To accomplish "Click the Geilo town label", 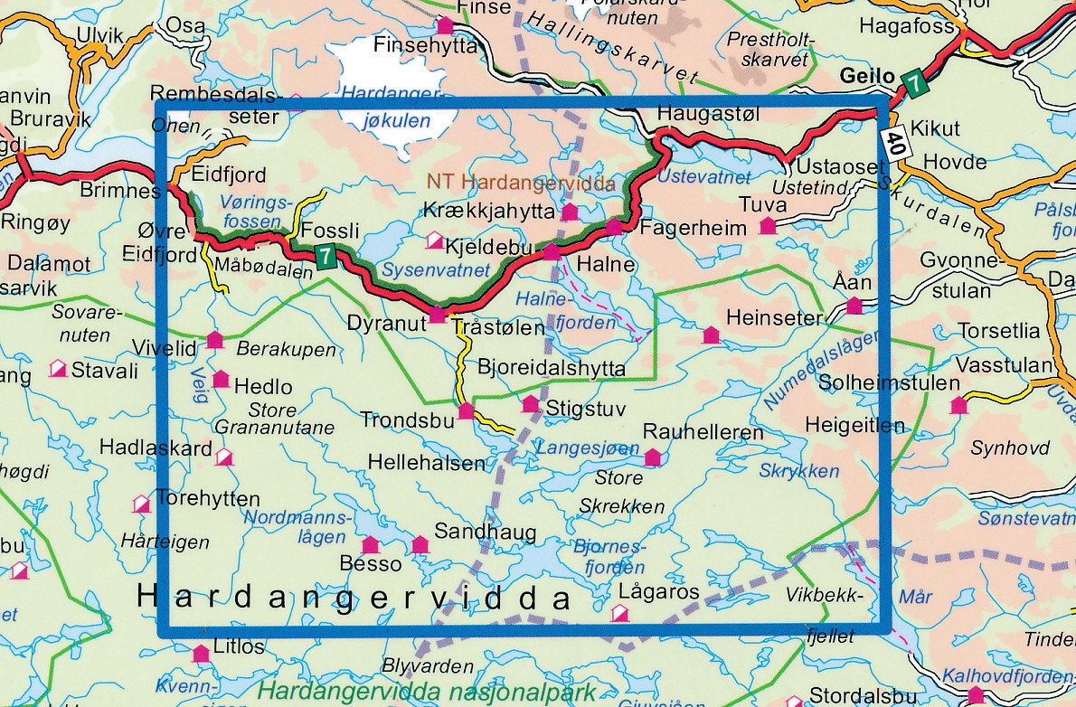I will pos(867,76).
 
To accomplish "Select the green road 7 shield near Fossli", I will pos(326,256).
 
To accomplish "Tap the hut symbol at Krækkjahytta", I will pos(570,212).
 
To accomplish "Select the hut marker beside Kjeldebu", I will pos(434,240).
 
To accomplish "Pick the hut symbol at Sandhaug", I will pos(420,544).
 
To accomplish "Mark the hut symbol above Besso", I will pos(370,544).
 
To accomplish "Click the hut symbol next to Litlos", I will pos(200,653).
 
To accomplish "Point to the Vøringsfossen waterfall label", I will pos(252,212).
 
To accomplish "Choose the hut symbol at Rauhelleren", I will pos(652,458).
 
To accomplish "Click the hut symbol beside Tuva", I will pos(769,226).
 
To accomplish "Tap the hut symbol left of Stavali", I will pos(58,369).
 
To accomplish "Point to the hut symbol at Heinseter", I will pos(711,336).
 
